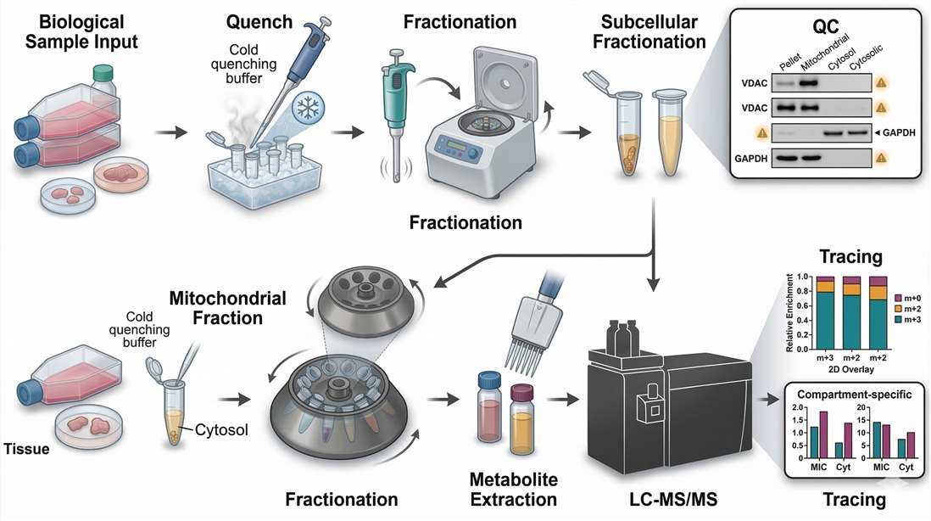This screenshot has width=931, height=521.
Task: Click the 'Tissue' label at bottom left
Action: pyautogui.click(x=26, y=449)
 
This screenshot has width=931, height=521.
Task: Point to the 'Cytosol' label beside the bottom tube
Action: pyautogui.click(x=220, y=429)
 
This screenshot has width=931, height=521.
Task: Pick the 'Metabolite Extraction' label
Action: pyautogui.click(x=508, y=489)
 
